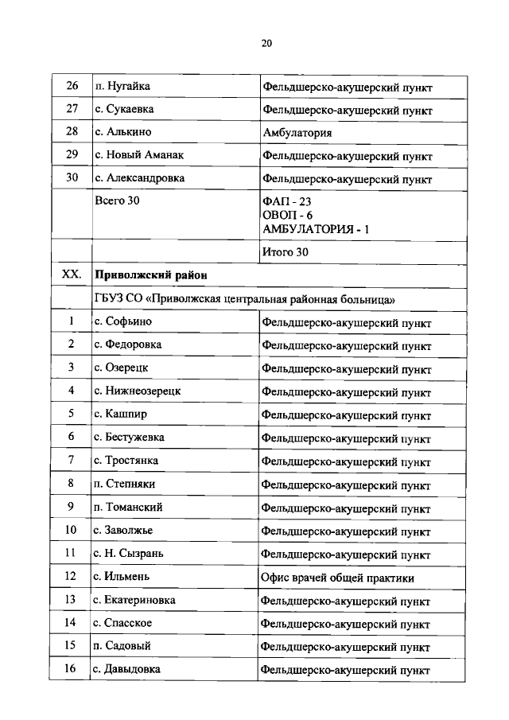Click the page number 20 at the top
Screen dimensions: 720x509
coord(266,44)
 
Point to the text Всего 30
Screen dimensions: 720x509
coord(117,200)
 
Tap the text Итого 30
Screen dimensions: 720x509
coord(285,252)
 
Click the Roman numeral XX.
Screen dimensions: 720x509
coord(72,274)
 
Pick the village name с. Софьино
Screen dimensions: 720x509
coord(122,321)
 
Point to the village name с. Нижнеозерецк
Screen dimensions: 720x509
coord(137,391)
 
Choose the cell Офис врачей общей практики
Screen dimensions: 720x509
coord(337,577)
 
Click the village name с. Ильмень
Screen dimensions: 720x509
coord(122,576)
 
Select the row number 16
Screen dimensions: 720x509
coord(72,669)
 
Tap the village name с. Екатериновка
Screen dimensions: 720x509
coord(134,599)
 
